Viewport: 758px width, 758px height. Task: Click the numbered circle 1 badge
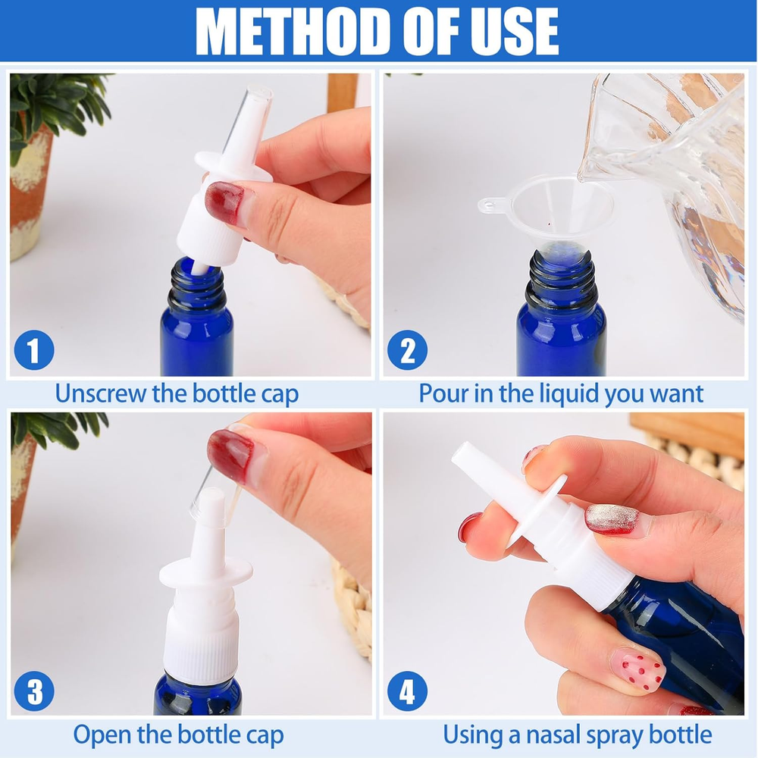pyautogui.click(x=34, y=350)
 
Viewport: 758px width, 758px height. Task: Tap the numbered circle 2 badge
pyautogui.click(x=408, y=350)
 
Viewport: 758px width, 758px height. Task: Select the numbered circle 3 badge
pyautogui.click(x=34, y=691)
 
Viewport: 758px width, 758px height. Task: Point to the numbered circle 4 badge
pyautogui.click(x=408, y=691)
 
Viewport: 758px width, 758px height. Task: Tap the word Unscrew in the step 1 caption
pyautogui.click(x=101, y=393)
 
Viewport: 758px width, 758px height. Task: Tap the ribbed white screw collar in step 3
pyautogui.click(x=201, y=645)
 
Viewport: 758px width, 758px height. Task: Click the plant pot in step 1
pyautogui.click(x=29, y=193)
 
